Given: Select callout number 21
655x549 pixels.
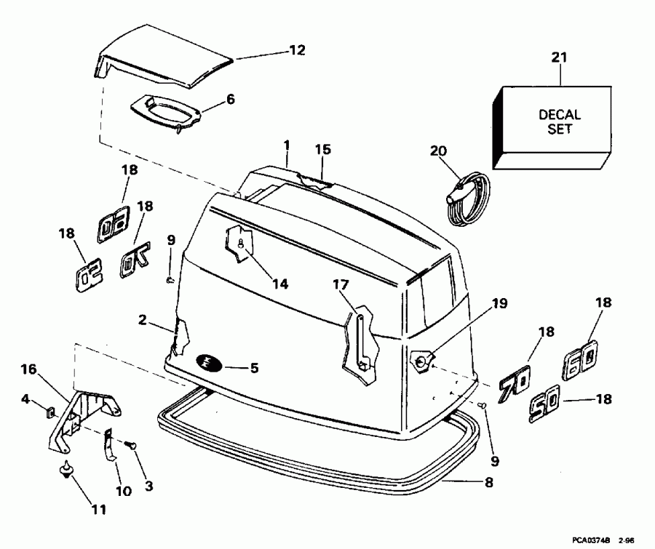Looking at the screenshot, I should (x=559, y=57).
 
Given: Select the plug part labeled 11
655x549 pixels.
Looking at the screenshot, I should (x=67, y=470).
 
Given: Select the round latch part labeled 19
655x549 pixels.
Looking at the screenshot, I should (x=421, y=358).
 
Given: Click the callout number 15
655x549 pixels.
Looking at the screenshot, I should (x=322, y=149).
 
